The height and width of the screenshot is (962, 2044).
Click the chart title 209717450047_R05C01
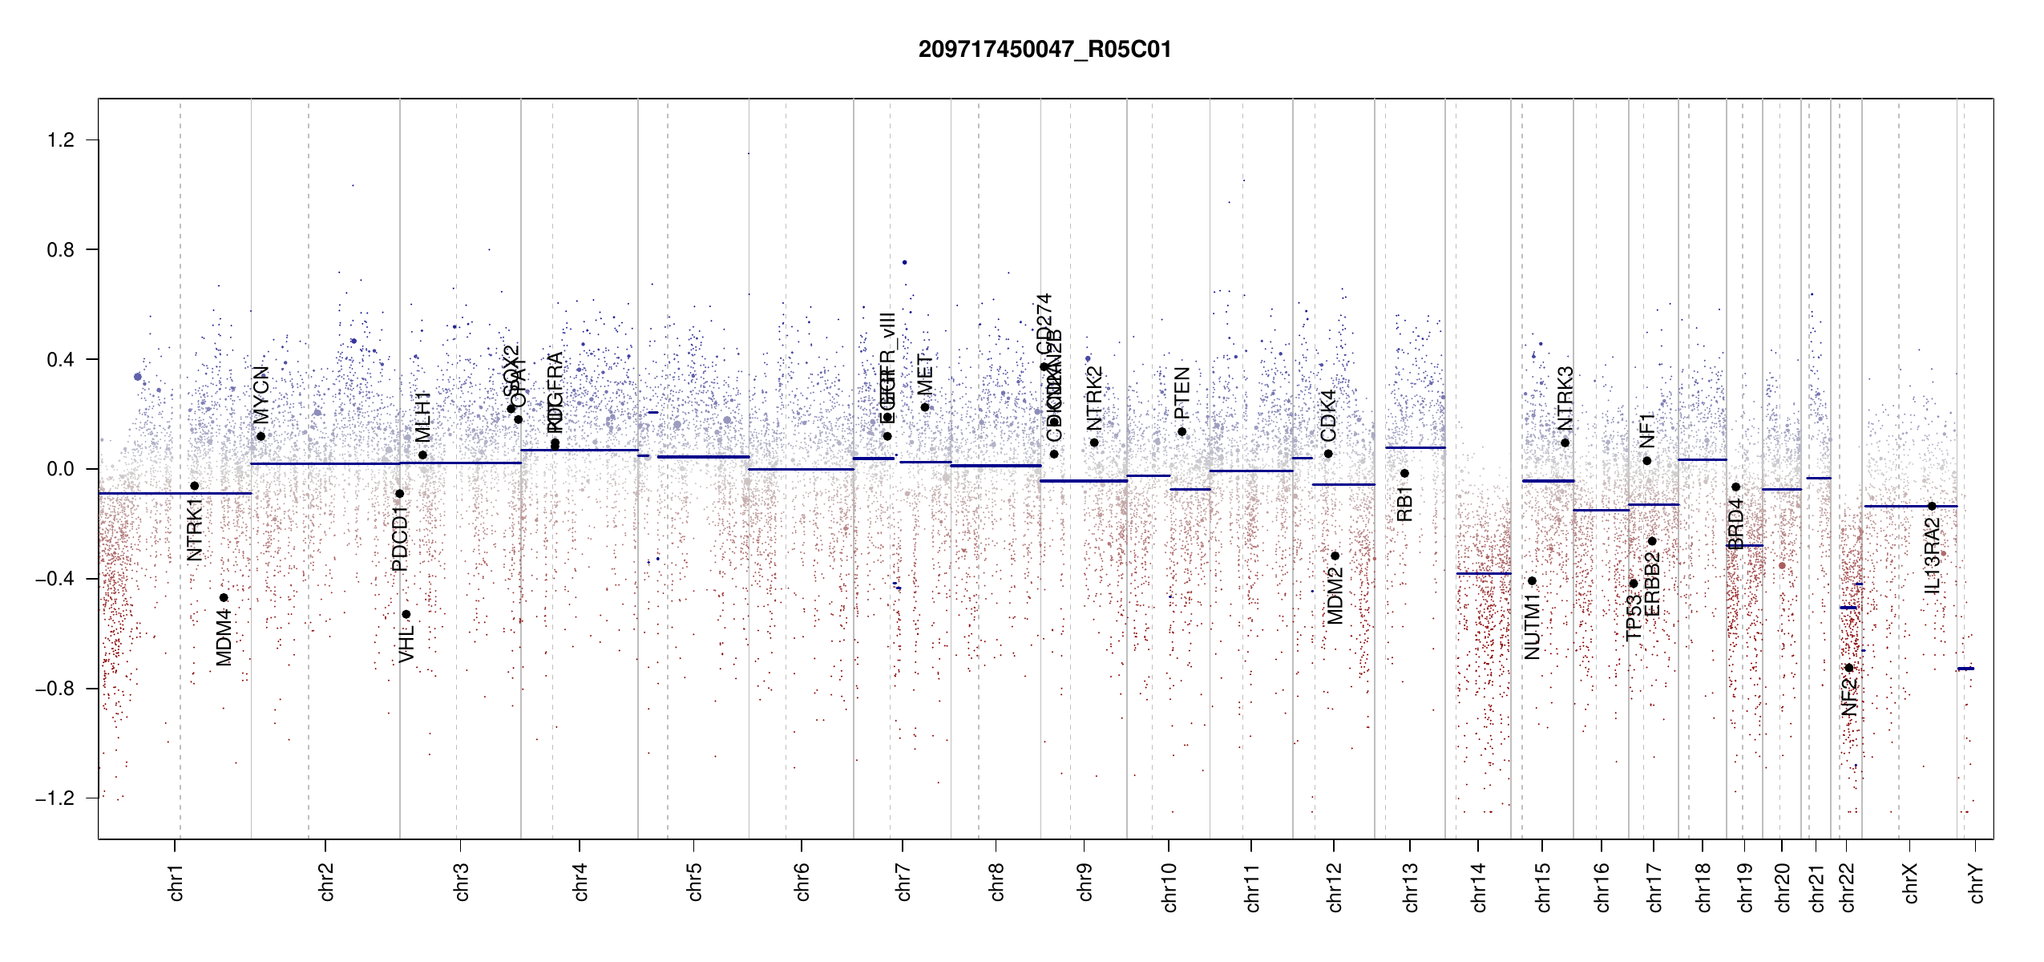(x=1044, y=50)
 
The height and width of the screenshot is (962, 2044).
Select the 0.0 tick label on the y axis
(x=61, y=469)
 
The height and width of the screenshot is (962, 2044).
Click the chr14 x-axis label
(x=1479, y=887)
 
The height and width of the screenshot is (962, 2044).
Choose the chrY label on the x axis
(x=1977, y=883)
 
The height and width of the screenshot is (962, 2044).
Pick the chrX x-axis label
(x=1911, y=883)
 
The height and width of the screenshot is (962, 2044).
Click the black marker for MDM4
(x=224, y=597)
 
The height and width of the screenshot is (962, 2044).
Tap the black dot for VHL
(x=406, y=614)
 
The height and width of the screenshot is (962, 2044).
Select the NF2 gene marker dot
(x=1848, y=668)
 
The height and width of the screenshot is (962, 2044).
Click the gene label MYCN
(x=261, y=394)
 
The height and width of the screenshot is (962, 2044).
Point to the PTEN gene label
(x=1182, y=393)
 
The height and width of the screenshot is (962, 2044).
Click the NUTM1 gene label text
(x=1533, y=627)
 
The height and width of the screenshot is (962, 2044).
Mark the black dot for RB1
(x=1404, y=473)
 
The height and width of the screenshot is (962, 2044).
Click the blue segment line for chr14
(x=1483, y=573)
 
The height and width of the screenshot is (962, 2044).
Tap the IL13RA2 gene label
(x=1933, y=556)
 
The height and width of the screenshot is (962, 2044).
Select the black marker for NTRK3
(x=1565, y=443)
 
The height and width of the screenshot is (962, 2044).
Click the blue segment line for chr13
(x=1415, y=447)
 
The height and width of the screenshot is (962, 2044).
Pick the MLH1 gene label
(x=423, y=417)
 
